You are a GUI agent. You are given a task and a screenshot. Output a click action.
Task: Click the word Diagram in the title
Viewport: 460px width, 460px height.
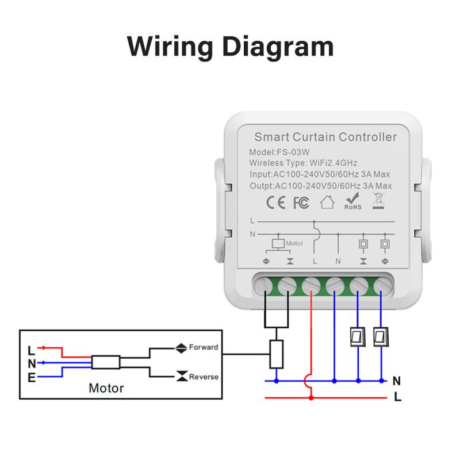pos(278,46)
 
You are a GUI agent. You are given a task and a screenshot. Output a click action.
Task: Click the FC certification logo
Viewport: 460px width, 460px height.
pos(301,202)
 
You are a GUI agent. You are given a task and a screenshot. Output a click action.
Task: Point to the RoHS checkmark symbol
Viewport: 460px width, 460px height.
pos(352,199)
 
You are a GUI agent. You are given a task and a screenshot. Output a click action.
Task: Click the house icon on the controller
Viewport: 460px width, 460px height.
pos(327,202)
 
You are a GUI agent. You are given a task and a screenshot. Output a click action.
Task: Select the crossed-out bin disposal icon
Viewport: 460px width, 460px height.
pos(378,201)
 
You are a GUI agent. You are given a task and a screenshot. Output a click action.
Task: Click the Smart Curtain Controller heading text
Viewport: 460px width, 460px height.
pos(325,137)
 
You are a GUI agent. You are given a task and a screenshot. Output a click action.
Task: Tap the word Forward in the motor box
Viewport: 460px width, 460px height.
pos(204,347)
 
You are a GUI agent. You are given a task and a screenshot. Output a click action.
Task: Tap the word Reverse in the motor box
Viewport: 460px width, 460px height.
pos(204,377)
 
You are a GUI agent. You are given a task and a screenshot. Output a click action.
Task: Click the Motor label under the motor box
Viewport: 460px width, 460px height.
pos(106,388)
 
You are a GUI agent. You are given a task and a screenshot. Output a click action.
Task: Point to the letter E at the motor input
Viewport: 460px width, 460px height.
pos(31,377)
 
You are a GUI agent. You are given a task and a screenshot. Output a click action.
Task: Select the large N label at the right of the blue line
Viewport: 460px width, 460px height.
pos(396,381)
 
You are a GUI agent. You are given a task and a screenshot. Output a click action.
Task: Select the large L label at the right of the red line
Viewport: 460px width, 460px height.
pos(397,397)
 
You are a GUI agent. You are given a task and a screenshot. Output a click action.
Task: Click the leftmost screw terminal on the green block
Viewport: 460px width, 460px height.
pos(266,284)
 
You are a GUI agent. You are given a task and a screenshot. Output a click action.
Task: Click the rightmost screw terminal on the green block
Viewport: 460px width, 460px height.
pos(381,284)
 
